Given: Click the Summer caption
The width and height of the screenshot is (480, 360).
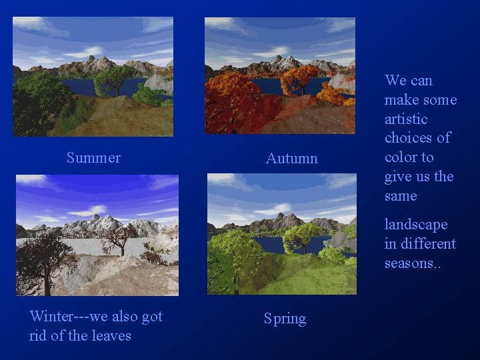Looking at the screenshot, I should (x=93, y=158).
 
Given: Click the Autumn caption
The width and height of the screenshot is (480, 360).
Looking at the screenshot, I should (x=291, y=159).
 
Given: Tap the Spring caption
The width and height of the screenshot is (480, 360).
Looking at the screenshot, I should (x=285, y=319).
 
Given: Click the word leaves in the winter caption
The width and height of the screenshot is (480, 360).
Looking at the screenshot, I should (x=111, y=335).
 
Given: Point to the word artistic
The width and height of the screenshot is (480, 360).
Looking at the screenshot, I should (x=406, y=119).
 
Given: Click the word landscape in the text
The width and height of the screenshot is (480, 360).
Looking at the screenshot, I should (x=416, y=225).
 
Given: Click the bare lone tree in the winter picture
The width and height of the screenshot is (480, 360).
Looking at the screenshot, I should (x=119, y=237).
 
